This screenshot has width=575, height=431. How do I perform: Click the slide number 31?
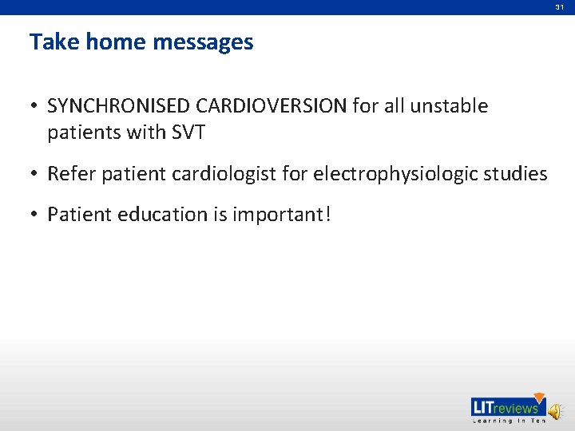[x=560, y=7]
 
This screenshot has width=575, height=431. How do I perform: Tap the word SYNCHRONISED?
[x=117, y=106]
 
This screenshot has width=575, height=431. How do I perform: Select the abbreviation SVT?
[x=188, y=132]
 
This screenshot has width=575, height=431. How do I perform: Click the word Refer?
[x=70, y=174]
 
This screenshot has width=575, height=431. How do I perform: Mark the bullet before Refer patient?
[x=34, y=174]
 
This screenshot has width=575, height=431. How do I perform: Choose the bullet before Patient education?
[x=34, y=215]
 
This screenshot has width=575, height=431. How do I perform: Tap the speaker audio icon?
[x=554, y=409]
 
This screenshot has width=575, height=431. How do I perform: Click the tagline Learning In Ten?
[x=506, y=421]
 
